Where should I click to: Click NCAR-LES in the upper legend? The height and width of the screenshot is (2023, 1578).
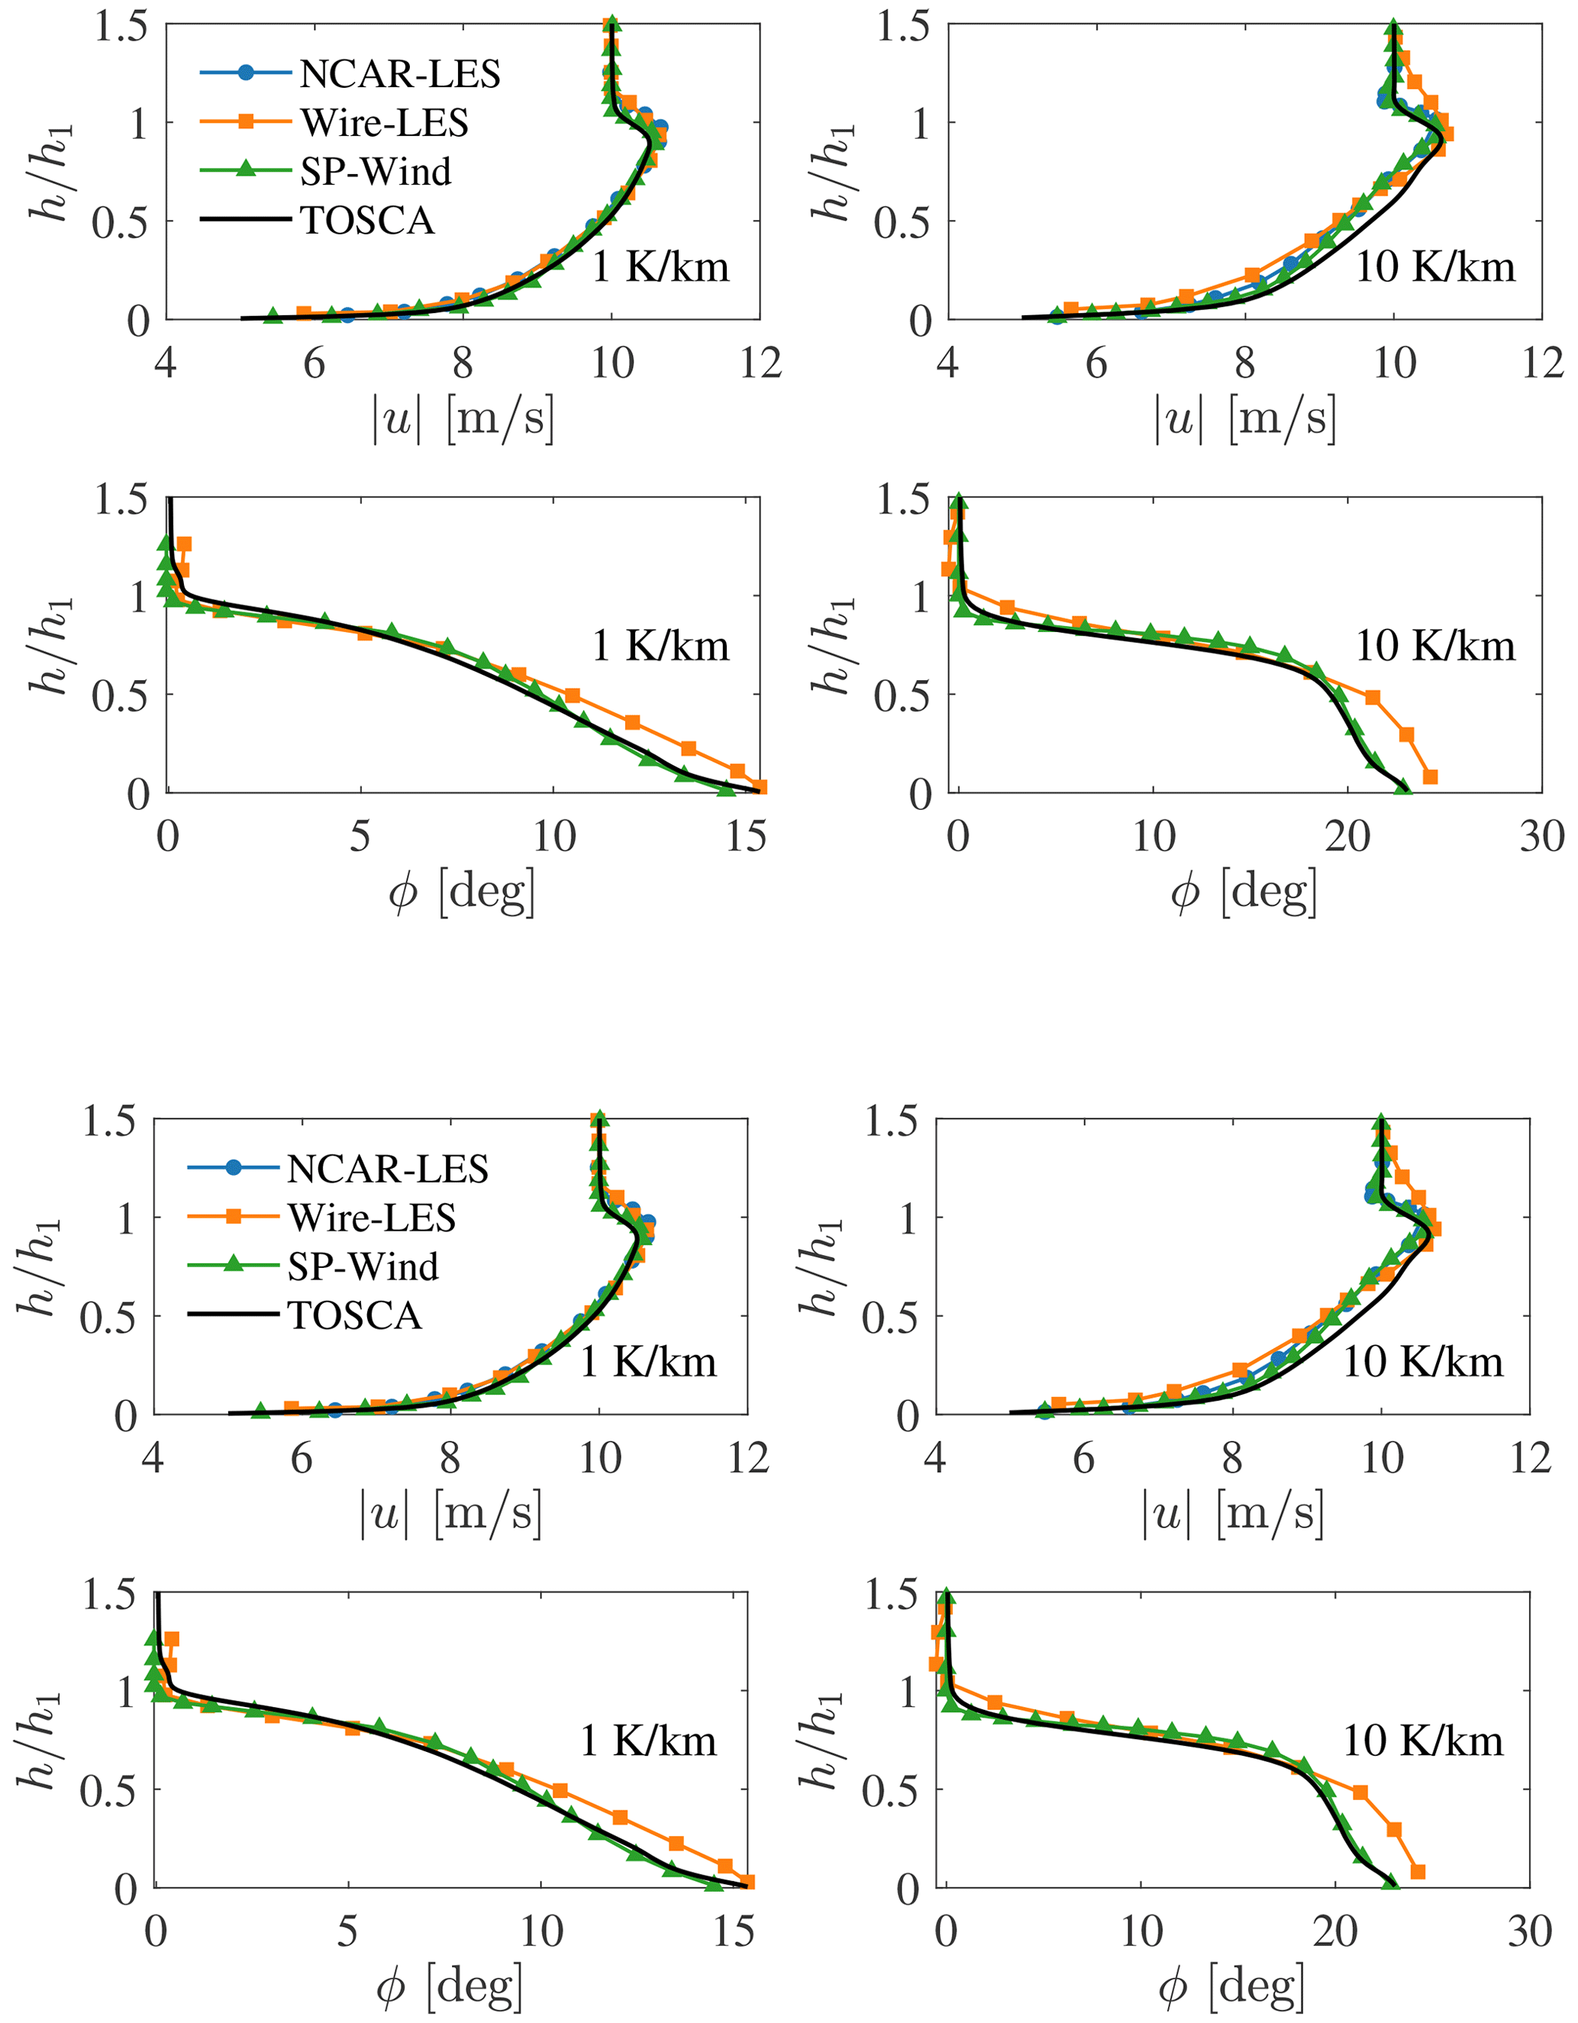[399, 74]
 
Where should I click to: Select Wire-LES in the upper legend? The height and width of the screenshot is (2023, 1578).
[383, 123]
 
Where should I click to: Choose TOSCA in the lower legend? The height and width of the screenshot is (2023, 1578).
[355, 1316]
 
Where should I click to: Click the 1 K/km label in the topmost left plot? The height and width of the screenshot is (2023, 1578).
[660, 268]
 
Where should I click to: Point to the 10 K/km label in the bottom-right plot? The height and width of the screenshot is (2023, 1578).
[1422, 1742]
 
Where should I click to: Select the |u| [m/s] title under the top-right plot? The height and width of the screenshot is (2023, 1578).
[1244, 420]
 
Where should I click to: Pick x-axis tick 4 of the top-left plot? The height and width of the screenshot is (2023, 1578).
[166, 363]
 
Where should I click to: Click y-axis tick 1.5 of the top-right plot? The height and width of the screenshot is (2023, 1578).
[905, 26]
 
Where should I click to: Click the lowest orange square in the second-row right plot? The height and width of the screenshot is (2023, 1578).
[1430, 776]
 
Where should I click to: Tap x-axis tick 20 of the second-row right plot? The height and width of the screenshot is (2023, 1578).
[1347, 837]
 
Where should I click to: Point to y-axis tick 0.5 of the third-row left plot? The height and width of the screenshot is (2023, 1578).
[109, 1316]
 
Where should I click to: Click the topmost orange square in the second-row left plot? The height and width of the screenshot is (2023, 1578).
[184, 544]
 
